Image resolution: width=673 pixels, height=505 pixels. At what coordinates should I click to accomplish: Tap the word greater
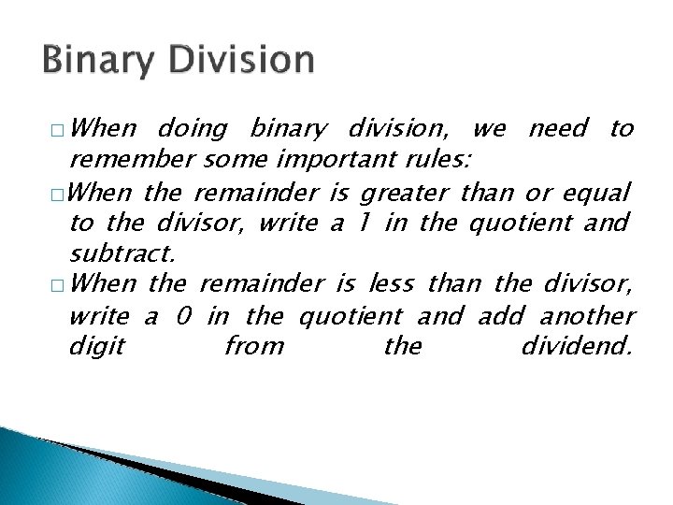405,194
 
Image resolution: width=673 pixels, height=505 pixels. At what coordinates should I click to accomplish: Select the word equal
595,194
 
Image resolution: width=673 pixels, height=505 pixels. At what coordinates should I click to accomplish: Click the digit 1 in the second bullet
362,223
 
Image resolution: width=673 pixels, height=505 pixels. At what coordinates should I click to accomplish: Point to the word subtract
122,253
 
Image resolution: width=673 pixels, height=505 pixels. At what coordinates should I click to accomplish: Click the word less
393,282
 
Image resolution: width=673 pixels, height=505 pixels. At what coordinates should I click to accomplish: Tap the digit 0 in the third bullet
184,316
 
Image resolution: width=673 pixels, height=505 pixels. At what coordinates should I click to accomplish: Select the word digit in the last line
97,347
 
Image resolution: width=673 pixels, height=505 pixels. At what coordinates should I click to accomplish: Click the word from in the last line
254,346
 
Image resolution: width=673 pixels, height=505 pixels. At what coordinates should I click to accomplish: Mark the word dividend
577,346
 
